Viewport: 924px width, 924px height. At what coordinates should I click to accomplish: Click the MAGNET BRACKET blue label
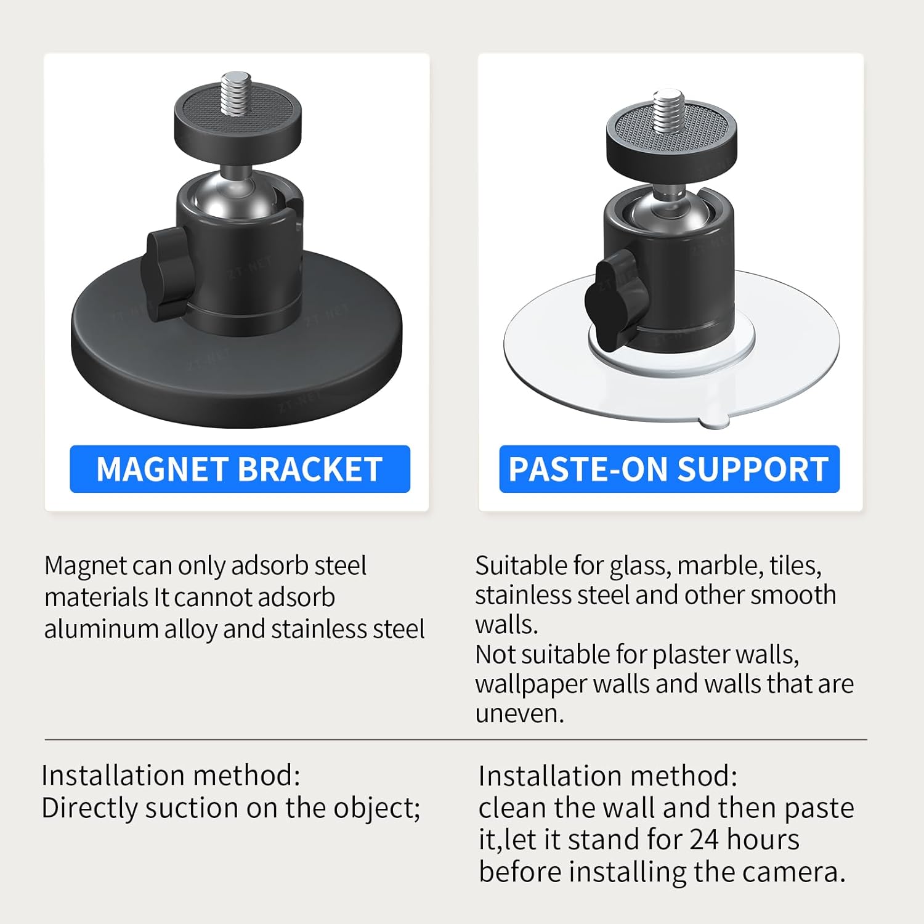pos(240,469)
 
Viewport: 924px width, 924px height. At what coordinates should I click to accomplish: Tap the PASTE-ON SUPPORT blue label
pos(669,469)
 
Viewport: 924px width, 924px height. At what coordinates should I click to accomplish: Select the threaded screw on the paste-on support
pos(668,111)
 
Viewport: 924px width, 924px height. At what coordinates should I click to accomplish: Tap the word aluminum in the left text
pos(101,630)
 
